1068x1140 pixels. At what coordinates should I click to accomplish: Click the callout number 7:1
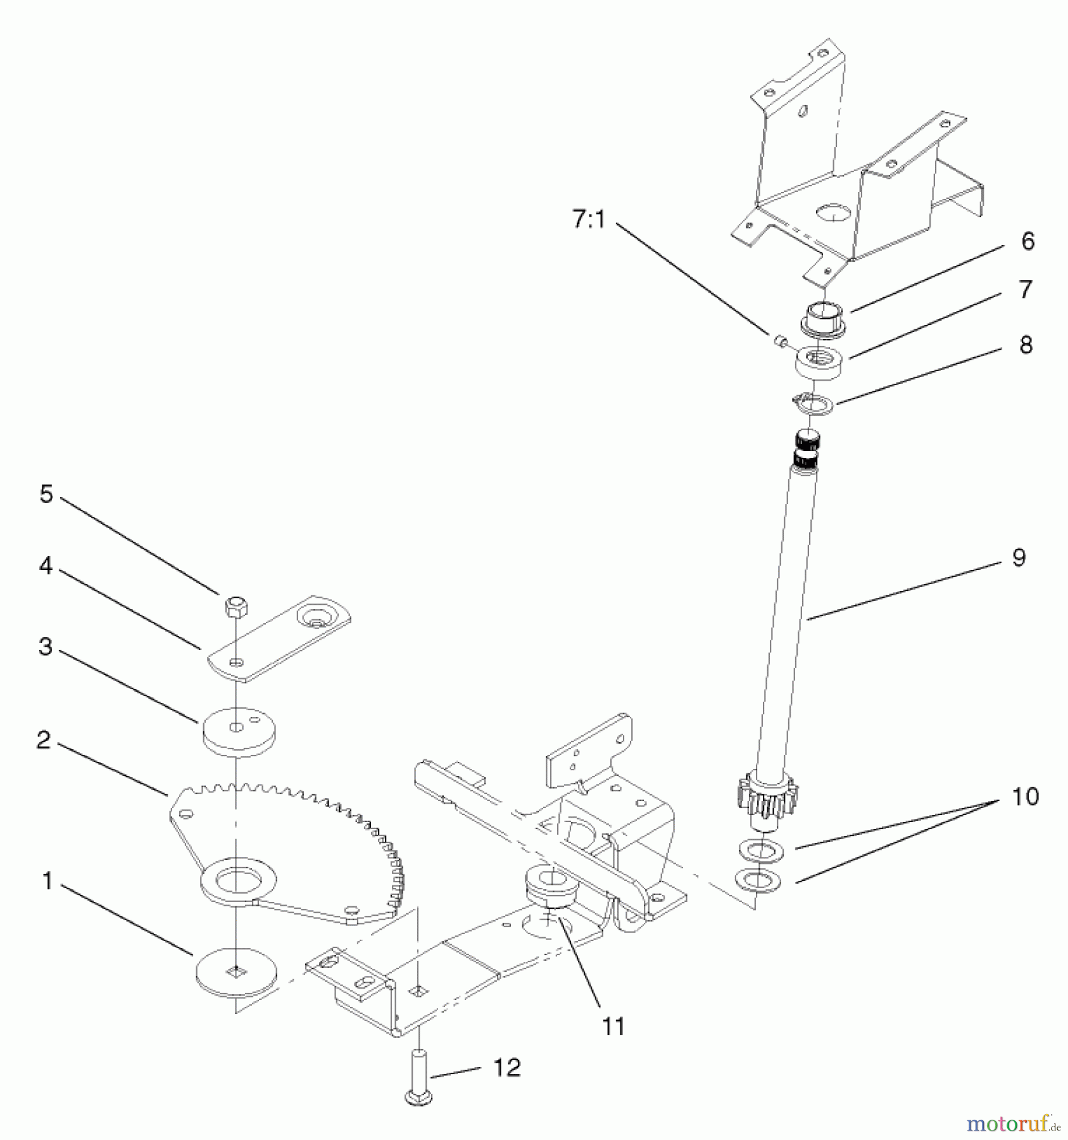point(588,220)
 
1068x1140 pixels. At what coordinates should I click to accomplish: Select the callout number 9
point(1018,557)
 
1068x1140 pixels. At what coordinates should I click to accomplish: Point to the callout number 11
point(613,1026)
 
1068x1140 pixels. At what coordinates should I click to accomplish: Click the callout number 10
point(1025,796)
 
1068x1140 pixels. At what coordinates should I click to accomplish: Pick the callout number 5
point(46,493)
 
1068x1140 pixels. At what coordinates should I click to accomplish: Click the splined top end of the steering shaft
point(805,448)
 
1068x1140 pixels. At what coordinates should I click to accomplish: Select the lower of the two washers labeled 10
point(758,880)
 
